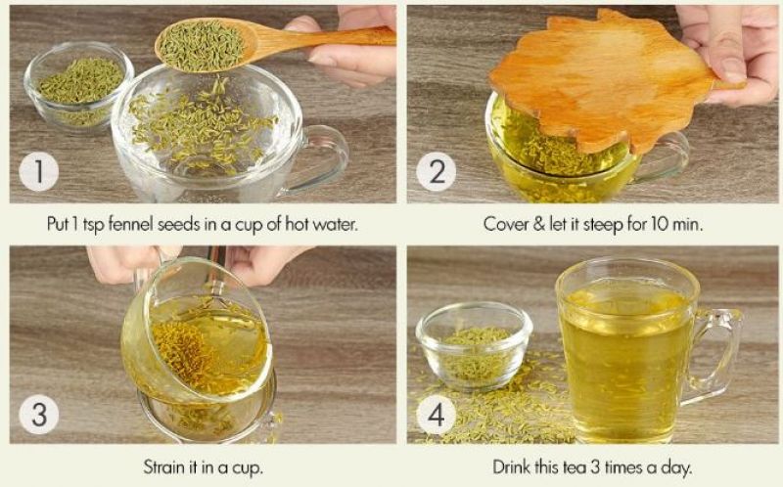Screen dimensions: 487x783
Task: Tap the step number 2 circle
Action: [x=436, y=172]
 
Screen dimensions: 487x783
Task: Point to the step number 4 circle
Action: [x=436, y=415]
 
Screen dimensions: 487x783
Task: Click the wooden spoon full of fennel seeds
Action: [x=206, y=44]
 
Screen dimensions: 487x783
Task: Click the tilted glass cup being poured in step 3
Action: [x=196, y=337]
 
